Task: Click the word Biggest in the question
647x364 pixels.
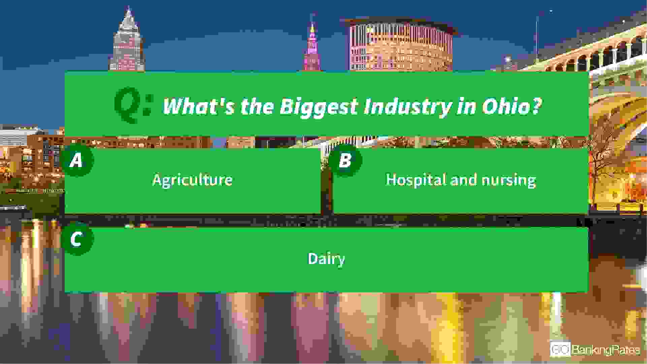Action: (319, 107)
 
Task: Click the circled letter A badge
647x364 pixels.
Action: (77, 160)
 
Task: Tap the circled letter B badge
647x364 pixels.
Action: (345, 160)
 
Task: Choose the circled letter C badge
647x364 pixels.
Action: (77, 240)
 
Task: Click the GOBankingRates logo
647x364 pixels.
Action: (595, 349)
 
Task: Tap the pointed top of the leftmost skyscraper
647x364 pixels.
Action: (128, 7)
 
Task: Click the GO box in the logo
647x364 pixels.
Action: (560, 349)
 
